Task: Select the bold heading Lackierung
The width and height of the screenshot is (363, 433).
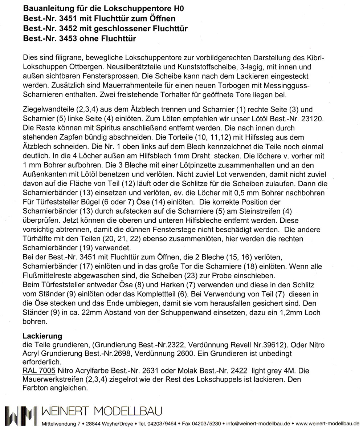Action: coord(42,336)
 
